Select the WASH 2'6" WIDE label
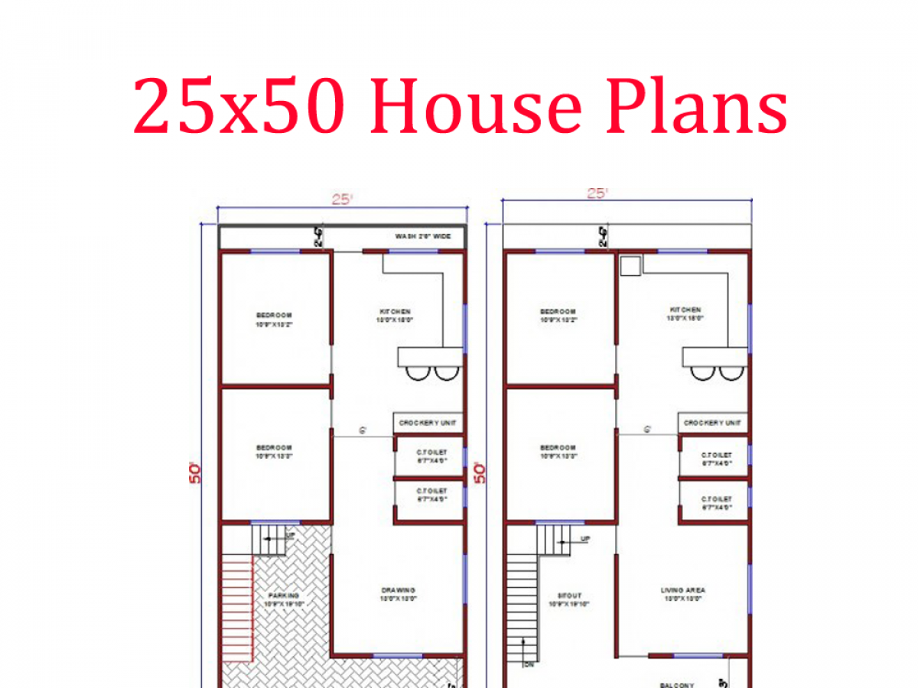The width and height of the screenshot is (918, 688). pos(423,236)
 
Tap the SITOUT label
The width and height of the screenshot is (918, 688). pos(568,595)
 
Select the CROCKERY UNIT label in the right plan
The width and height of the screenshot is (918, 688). pos(712,423)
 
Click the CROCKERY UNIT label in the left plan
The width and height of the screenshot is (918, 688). pos(428,423)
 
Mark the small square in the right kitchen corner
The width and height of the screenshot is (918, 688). pos(631,265)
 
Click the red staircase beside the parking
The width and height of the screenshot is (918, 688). pos(237,604)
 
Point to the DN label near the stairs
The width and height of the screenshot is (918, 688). pos(529,664)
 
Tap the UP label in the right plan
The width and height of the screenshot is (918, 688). pos(584,539)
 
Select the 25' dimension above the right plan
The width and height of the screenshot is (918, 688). pos(597,193)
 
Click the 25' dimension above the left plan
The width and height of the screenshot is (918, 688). pos(341,200)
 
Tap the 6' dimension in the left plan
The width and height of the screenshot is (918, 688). pos(363,431)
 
